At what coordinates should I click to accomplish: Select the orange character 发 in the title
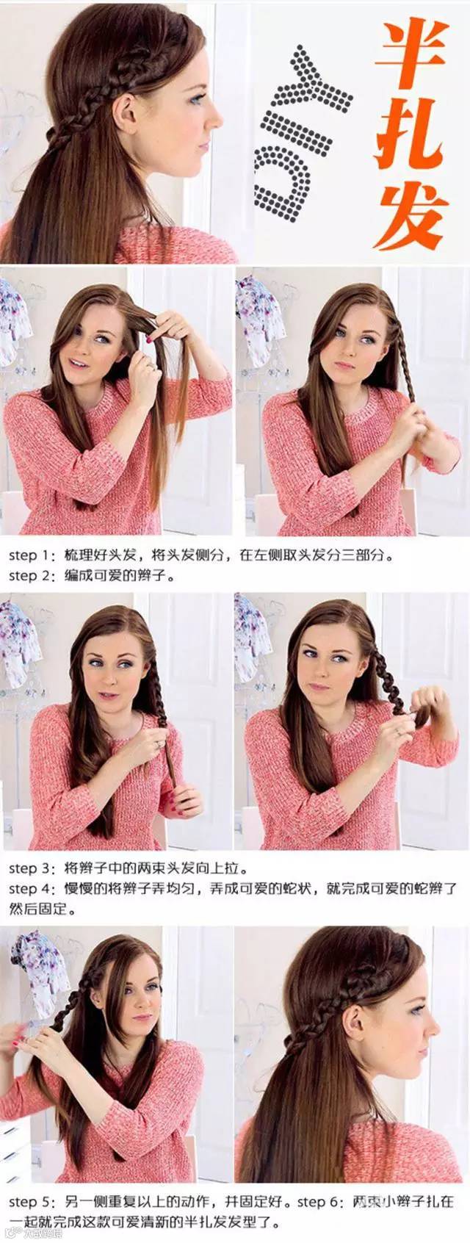411,217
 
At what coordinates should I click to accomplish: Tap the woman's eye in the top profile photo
196,99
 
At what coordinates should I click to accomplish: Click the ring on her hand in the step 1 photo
151,367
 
